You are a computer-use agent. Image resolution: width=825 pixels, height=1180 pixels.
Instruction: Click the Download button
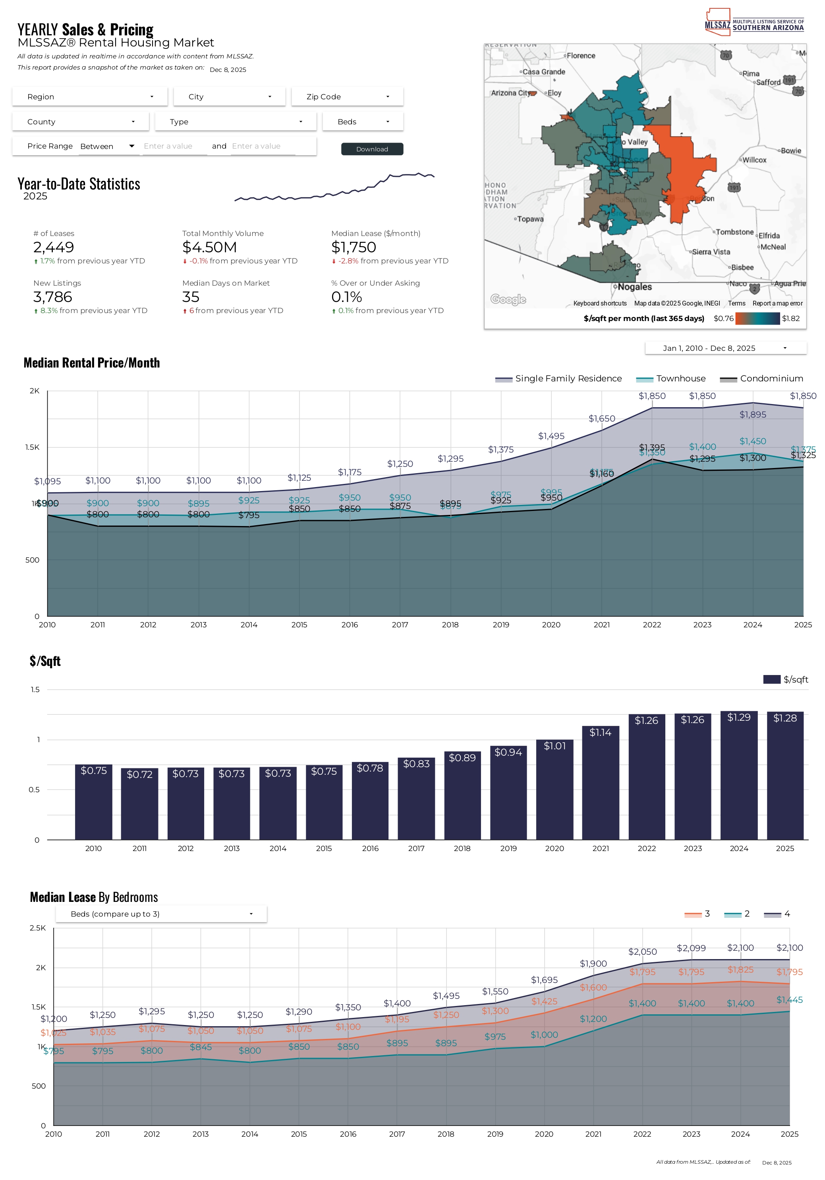372,149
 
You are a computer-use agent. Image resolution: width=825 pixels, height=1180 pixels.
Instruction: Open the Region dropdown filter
90,97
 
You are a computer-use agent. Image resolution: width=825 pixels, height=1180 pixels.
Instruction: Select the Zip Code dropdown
347,97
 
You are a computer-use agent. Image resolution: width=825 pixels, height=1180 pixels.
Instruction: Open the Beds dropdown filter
363,122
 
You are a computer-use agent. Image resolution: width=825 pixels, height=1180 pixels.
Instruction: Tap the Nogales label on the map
634,287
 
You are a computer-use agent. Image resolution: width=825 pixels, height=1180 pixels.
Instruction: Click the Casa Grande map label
543,72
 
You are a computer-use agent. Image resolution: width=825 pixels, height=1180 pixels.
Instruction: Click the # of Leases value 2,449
54,247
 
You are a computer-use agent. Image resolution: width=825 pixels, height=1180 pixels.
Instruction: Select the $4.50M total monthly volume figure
210,247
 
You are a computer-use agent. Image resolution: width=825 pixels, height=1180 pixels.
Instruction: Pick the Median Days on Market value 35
191,297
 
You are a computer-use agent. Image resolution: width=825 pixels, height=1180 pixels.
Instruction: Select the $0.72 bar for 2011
140,804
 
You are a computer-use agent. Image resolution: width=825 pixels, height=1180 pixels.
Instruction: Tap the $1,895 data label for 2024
753,415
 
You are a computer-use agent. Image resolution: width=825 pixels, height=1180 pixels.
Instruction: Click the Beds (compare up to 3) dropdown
161,914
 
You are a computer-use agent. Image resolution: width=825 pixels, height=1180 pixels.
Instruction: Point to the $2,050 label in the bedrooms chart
642,952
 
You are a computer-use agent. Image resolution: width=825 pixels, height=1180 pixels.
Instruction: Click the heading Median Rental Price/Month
91,363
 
